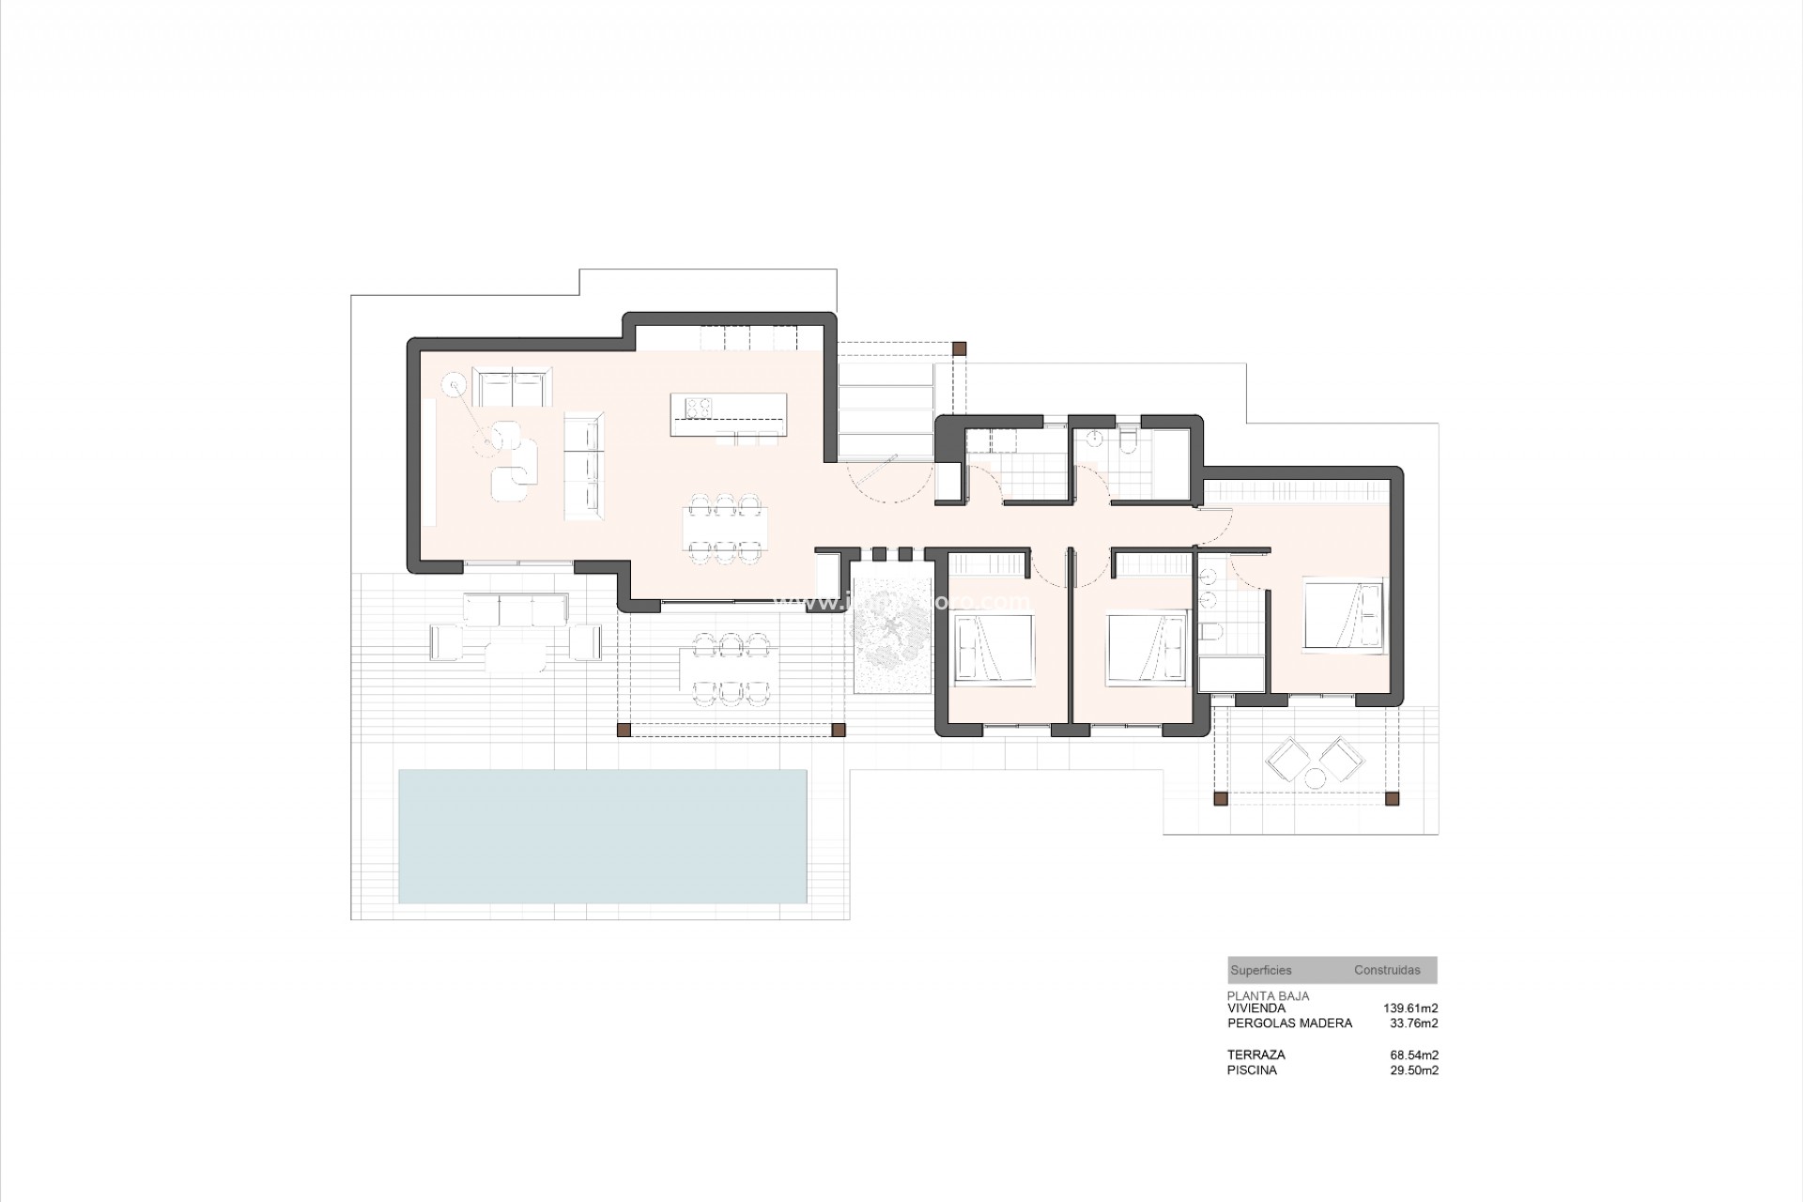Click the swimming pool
point(602,836)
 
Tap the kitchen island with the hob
point(729,414)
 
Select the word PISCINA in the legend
point(1252,1070)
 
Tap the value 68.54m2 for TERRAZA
point(1413,1055)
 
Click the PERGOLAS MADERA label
point(1289,1023)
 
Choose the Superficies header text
point(1261,970)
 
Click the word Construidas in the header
point(1387,970)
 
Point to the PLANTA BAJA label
point(1268,995)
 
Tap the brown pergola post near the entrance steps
point(959,347)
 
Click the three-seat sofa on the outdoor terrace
point(515,609)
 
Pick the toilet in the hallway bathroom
point(1129,439)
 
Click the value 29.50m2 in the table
point(1413,1070)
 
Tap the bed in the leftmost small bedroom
point(994,648)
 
